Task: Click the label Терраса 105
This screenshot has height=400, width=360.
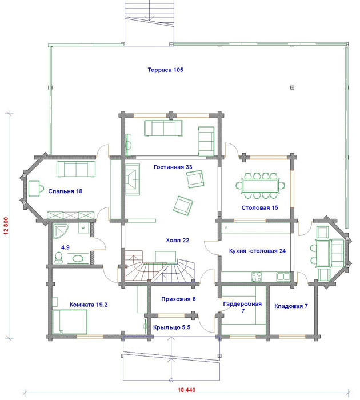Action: tap(165, 70)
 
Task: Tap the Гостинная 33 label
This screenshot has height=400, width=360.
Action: tap(173, 167)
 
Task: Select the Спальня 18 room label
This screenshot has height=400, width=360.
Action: tap(65, 191)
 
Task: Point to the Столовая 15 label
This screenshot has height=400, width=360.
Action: tap(260, 207)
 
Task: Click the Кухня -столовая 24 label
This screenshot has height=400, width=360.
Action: tap(257, 251)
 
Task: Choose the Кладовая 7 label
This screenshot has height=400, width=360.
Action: tap(291, 306)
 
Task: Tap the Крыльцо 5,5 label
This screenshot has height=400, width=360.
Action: tap(171, 327)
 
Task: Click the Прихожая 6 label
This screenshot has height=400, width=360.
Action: tap(178, 299)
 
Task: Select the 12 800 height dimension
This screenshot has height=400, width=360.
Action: tap(6, 226)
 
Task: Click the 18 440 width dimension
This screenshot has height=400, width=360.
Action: tap(186, 390)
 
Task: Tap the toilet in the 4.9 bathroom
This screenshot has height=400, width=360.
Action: tap(59, 257)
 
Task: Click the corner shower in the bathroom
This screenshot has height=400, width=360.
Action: tap(60, 231)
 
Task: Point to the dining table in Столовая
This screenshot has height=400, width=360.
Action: tap(260, 186)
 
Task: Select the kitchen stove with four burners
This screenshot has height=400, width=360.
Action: tap(257, 277)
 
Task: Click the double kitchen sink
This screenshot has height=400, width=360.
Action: tap(283, 276)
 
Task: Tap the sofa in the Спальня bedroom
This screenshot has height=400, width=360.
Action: tap(76, 169)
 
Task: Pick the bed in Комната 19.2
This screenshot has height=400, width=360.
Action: tap(70, 321)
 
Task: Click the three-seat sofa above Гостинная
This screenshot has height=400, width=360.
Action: tap(163, 129)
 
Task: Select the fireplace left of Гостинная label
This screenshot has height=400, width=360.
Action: tap(132, 179)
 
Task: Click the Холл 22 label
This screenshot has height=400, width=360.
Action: tap(178, 240)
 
